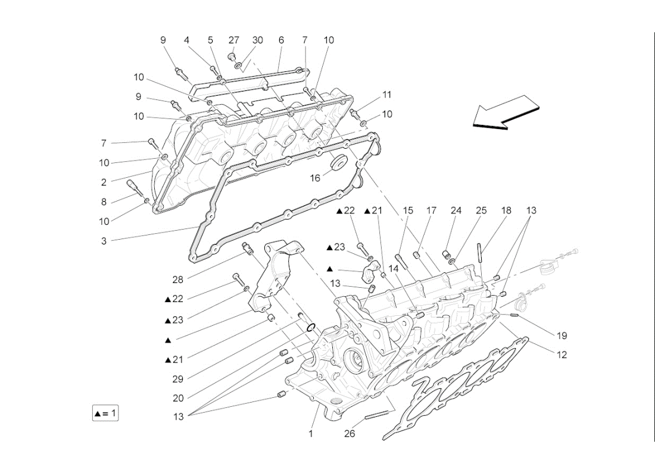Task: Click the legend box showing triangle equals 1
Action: click(105, 413)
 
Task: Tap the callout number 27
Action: click(234, 40)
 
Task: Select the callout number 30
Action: click(257, 40)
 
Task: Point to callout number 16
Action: click(315, 178)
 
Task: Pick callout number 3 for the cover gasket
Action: click(104, 241)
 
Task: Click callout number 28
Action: click(179, 279)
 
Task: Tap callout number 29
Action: click(179, 378)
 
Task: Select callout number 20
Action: click(179, 398)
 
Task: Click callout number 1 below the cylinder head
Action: click(310, 434)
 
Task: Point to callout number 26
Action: click(350, 434)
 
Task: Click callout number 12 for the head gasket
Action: click(562, 354)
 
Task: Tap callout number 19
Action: click(562, 335)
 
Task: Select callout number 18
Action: click(506, 211)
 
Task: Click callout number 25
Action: click(481, 211)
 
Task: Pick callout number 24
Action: click(456, 211)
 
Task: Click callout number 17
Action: click(432, 211)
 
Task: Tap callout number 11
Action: click(387, 95)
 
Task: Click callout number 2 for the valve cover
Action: click(104, 183)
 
